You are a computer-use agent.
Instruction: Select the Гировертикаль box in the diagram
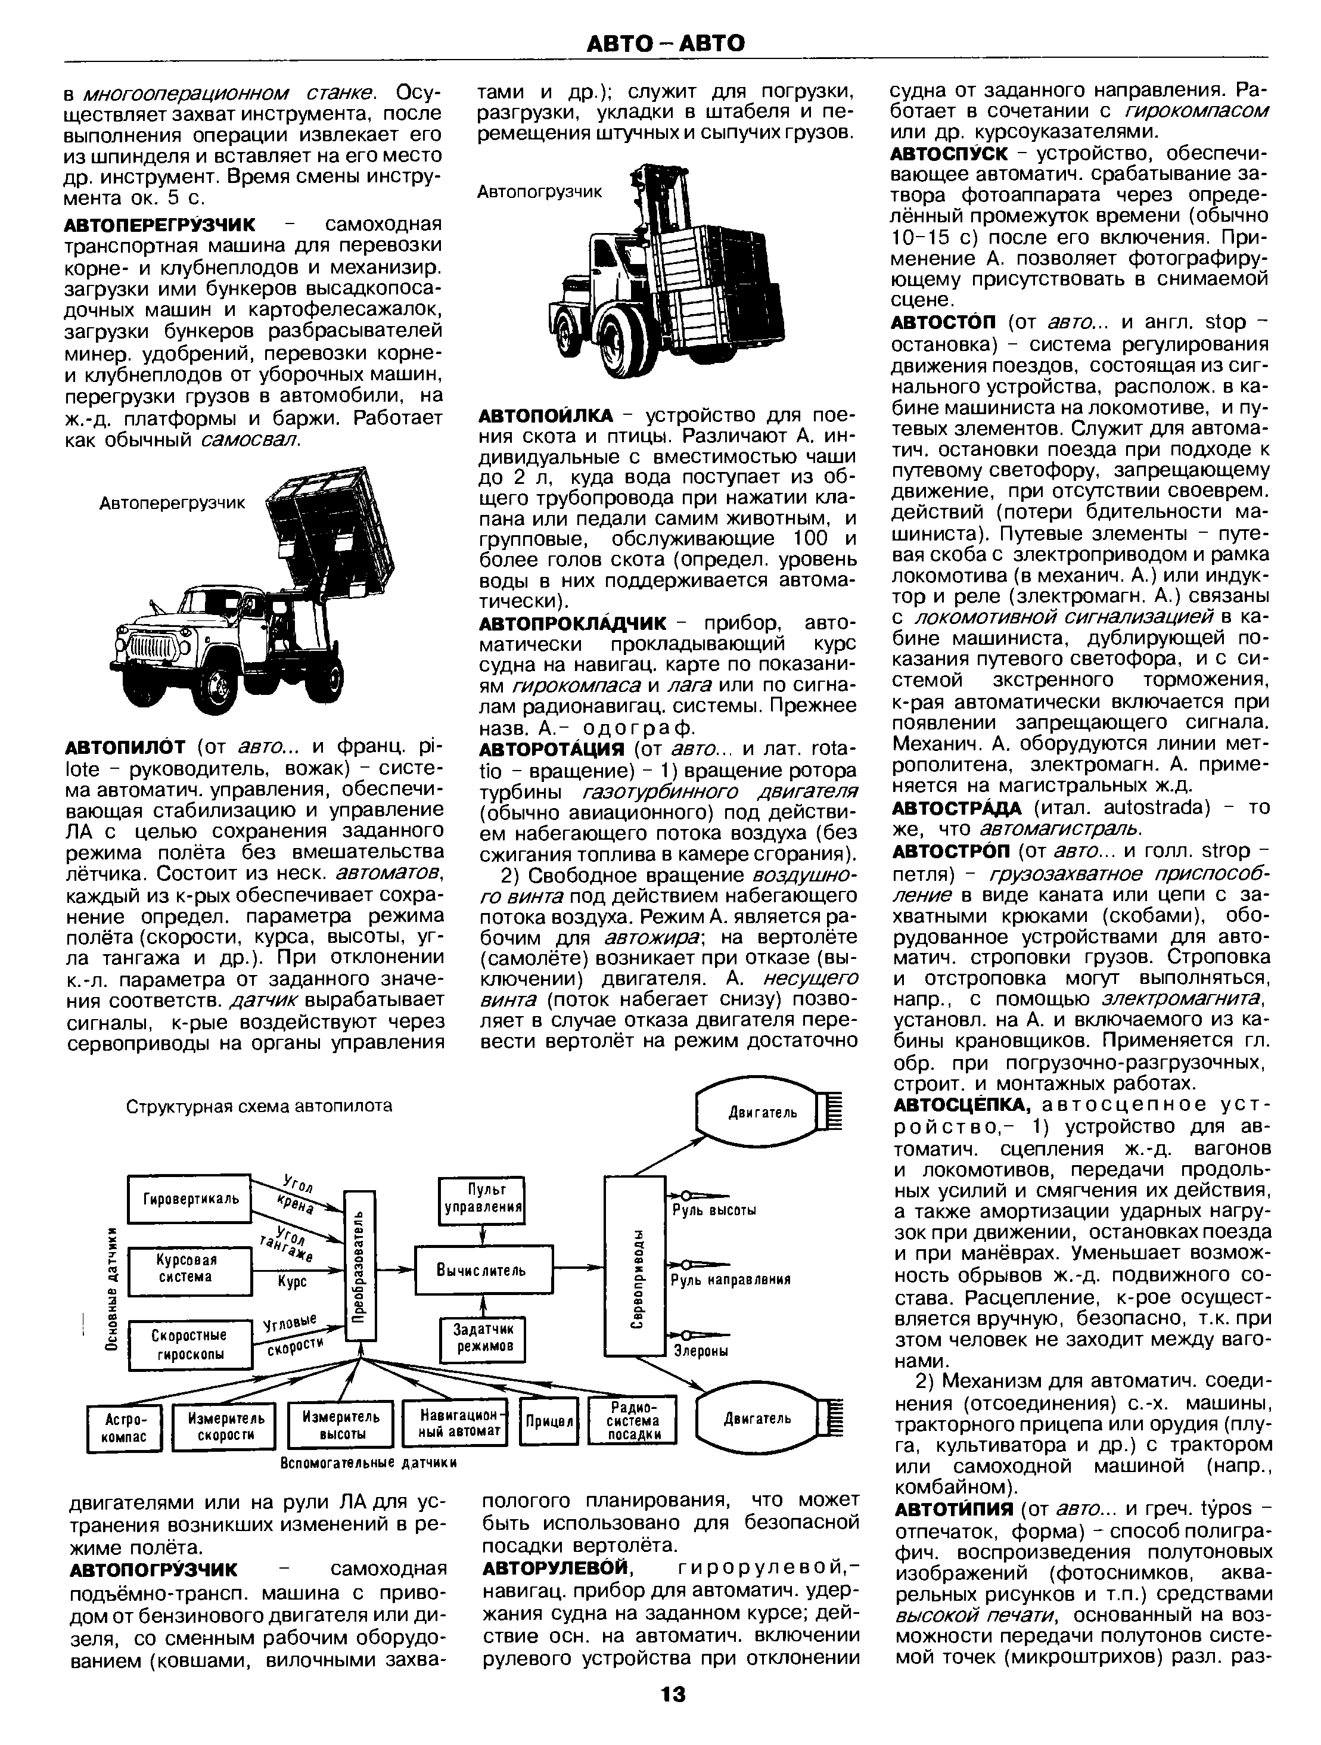point(189,1198)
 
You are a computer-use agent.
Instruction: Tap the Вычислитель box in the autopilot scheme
point(483,1269)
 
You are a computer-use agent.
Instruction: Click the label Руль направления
point(729,1280)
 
